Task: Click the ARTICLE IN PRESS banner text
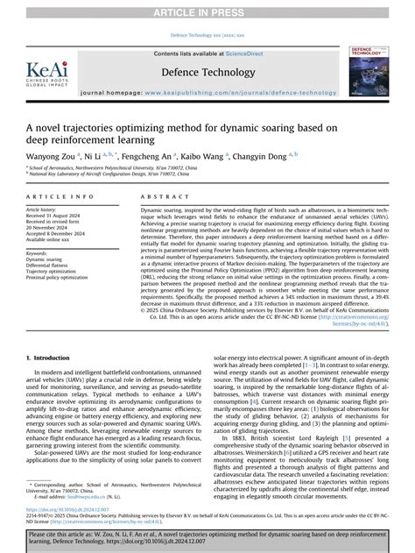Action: [207, 10]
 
